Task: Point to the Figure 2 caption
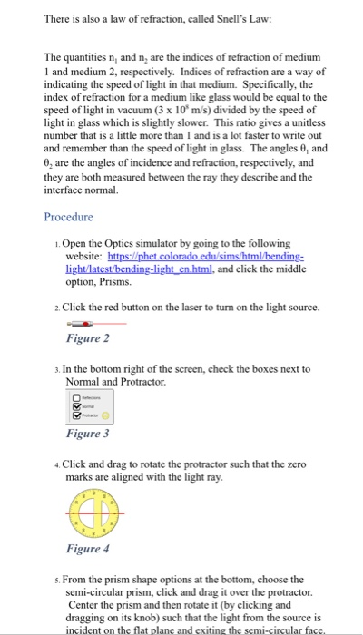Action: pyautogui.click(x=89, y=339)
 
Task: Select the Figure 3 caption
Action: pyautogui.click(x=89, y=434)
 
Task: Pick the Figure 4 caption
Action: pyautogui.click(x=89, y=549)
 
